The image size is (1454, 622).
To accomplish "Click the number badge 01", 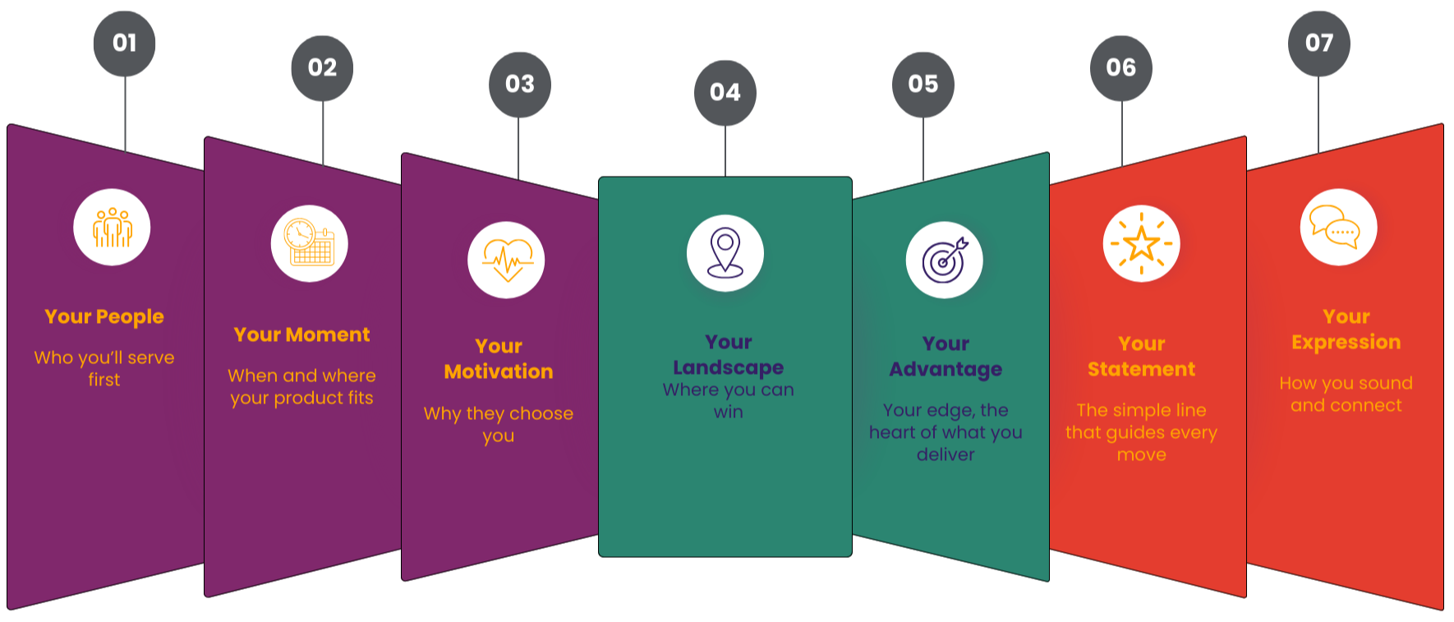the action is (x=124, y=43).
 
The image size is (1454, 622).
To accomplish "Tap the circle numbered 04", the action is (x=725, y=92).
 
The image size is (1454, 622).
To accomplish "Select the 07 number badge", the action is (x=1318, y=43).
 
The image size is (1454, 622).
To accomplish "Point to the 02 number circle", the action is (x=322, y=67).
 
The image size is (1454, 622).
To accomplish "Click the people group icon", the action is (x=112, y=228).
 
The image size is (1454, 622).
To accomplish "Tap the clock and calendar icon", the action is (x=310, y=244).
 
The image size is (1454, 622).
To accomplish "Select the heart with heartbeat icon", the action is (x=506, y=260).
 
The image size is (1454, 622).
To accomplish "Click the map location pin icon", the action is (x=725, y=253).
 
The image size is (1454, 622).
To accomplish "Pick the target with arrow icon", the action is (x=945, y=260).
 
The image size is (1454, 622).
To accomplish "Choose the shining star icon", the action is (x=1141, y=244).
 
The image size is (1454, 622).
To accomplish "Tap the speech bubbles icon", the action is (x=1338, y=228).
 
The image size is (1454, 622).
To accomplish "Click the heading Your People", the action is (x=104, y=316).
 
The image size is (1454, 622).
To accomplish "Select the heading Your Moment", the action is (x=301, y=334).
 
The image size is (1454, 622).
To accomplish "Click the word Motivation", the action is (x=499, y=371).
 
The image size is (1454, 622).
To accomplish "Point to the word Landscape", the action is (x=728, y=367).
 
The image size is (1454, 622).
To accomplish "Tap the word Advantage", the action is (x=946, y=369).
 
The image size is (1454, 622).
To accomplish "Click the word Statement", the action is (x=1141, y=369).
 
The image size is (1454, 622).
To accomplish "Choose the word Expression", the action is (x=1346, y=342).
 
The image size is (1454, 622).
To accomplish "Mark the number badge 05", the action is (x=923, y=84).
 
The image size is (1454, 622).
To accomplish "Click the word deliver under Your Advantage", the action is (x=946, y=454).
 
